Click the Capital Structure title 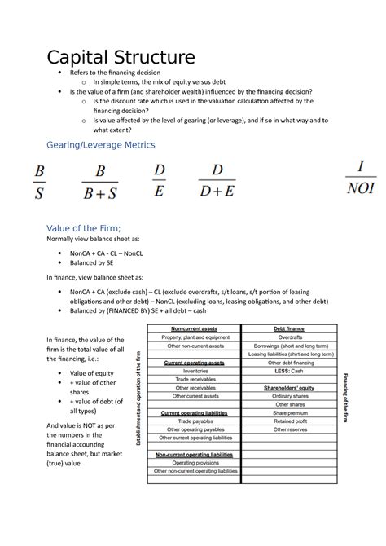[121, 59]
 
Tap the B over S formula [38, 183]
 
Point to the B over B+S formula [100, 183]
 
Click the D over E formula [159, 181]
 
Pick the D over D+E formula [217, 181]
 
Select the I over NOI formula [359, 178]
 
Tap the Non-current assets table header [195, 328]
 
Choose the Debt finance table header [290, 328]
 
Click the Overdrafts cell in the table [290, 337]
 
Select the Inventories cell [195, 371]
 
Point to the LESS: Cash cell [290, 371]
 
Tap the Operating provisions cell [195, 462]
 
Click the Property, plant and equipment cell [195, 337]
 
